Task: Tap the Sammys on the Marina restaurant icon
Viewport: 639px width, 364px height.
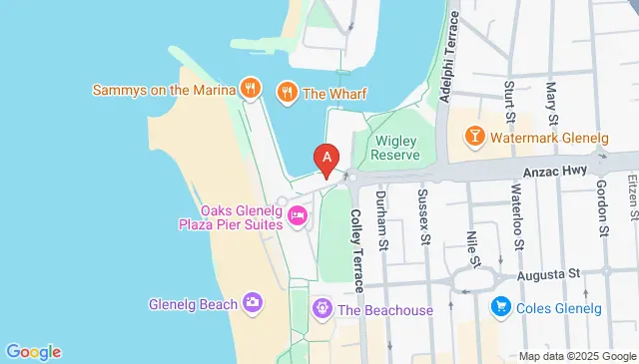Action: pyautogui.click(x=252, y=89)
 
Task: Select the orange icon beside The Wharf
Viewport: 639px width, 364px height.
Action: pyautogui.click(x=288, y=93)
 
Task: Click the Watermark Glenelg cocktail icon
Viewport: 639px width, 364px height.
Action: pyautogui.click(x=474, y=134)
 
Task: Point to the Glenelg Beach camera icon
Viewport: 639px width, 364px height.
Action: pyautogui.click(x=253, y=303)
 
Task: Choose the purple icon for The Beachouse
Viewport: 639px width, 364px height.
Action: pyautogui.click(x=321, y=309)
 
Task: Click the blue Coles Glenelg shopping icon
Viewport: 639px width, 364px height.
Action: pyautogui.click(x=502, y=308)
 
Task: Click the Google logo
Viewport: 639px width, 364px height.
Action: pyautogui.click(x=34, y=351)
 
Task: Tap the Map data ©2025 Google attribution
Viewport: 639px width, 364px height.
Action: pyautogui.click(x=576, y=356)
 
